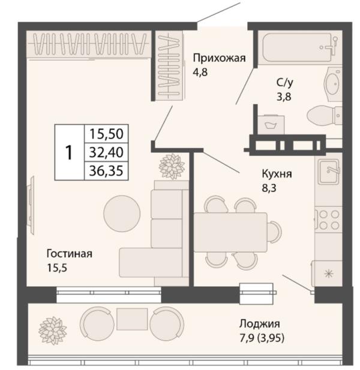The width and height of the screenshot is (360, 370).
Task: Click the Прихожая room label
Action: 220,58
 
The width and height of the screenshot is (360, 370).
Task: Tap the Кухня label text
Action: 277,174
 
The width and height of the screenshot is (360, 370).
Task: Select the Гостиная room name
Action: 70,254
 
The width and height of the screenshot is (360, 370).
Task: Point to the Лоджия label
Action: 260,324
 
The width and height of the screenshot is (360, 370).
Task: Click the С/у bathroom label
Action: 284,82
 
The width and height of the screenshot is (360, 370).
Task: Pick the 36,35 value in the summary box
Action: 106,171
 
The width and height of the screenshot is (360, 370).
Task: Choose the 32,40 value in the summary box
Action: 106,152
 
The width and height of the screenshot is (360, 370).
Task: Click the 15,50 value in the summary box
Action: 106,134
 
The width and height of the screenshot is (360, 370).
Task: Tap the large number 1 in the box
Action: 68,153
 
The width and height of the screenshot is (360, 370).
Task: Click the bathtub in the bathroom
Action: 299,47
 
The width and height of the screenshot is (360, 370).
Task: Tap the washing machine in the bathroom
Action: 271,125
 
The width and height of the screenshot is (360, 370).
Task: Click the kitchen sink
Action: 328,172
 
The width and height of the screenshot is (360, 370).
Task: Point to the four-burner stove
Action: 328,220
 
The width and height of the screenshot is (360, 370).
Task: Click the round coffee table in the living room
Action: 122,213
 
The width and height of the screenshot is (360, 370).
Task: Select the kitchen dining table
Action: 230,232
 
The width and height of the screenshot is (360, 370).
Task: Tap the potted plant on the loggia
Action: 52,330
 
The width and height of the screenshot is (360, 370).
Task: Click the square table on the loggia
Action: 132,319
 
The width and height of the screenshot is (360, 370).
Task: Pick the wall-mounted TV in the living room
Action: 31,205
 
